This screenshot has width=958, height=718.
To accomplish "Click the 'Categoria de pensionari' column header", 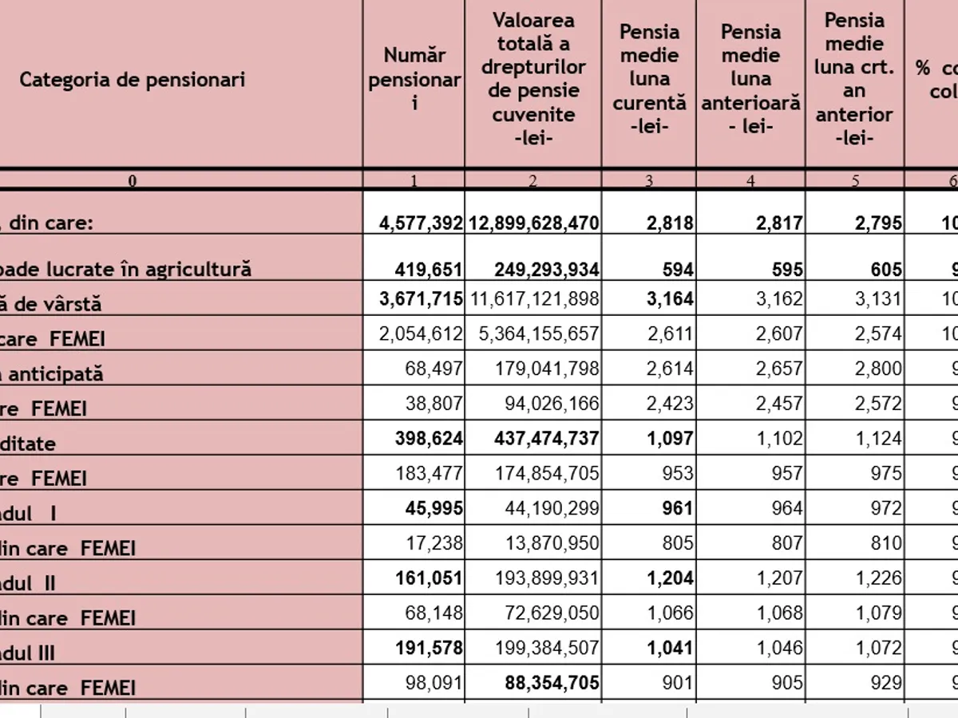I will (132, 80).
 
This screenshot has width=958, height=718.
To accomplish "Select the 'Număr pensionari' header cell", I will (414, 80).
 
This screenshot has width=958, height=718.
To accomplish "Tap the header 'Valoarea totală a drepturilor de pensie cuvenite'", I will (533, 79).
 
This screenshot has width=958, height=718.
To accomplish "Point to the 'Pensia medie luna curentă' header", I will (649, 79).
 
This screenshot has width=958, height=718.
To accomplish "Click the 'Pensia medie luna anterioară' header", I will (750, 79).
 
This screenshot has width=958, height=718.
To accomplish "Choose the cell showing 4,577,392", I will (421, 223).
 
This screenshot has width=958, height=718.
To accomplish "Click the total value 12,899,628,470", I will (533, 223).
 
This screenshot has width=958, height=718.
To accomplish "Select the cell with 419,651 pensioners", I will (429, 270).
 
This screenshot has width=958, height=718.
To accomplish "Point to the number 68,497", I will (435, 369).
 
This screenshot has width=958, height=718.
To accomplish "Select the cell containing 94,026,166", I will (552, 404).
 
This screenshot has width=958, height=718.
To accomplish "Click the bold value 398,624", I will (429, 439).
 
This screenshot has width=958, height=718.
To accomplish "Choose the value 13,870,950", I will (552, 543).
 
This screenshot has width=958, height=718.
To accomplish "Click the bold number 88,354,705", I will (552, 684).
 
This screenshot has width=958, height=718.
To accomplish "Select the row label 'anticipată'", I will (56, 373).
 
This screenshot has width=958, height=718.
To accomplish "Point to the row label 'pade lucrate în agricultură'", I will (128, 270).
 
